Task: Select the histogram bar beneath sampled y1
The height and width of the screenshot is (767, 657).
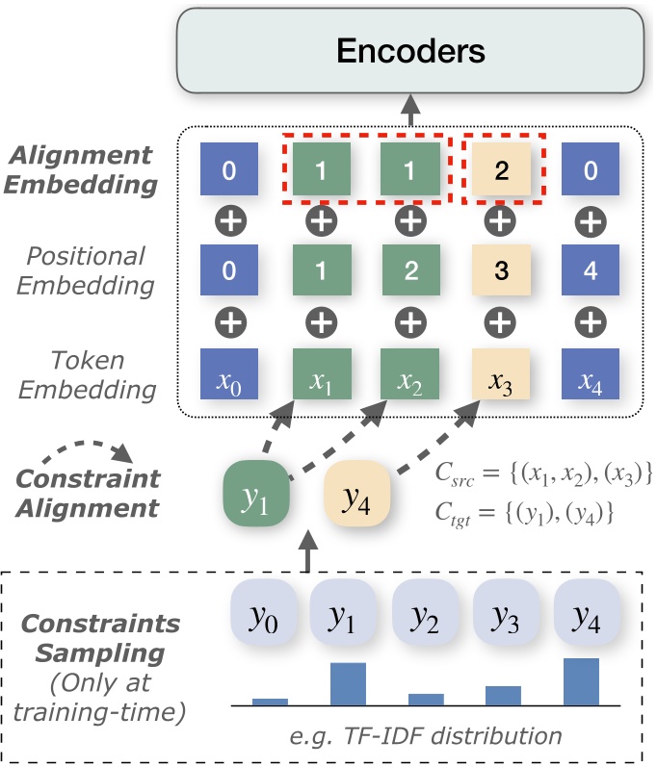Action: click(x=348, y=683)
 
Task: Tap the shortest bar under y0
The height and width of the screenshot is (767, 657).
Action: click(x=270, y=702)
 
